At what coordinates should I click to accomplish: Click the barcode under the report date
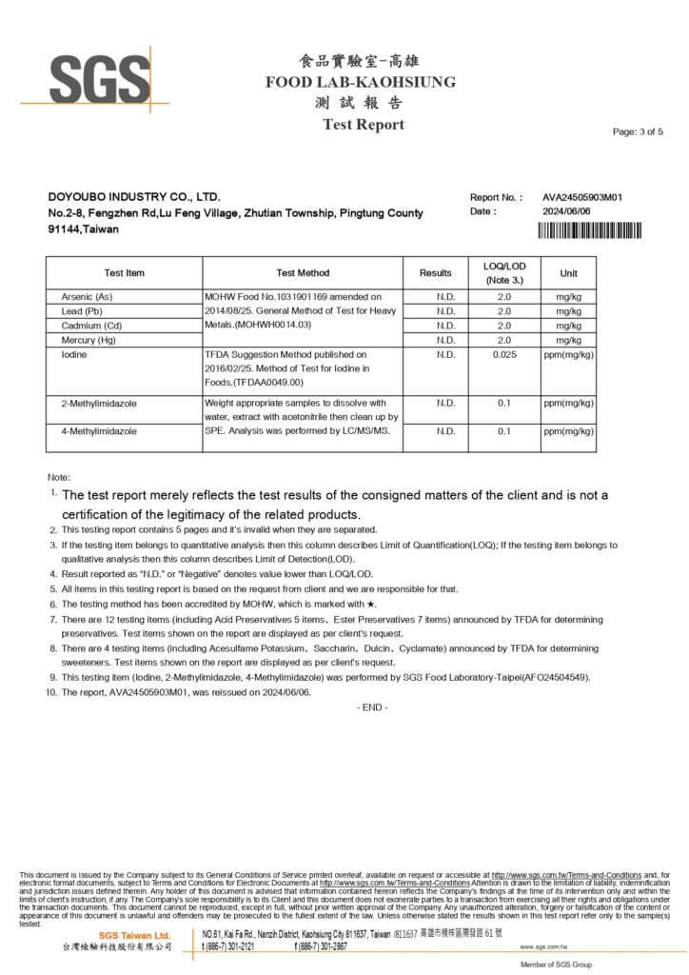pyautogui.click(x=590, y=229)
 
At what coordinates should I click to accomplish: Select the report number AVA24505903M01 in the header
pyautogui.click(x=582, y=197)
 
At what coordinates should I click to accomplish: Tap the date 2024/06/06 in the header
pyautogui.click(x=567, y=211)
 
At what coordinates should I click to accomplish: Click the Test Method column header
pyautogui.click(x=303, y=273)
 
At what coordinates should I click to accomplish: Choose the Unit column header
pyautogui.click(x=568, y=273)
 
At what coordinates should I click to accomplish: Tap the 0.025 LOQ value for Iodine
pyautogui.click(x=504, y=355)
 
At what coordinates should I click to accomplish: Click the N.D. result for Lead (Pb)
pyautogui.click(x=445, y=311)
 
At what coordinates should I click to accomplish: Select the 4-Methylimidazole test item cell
pyautogui.click(x=99, y=431)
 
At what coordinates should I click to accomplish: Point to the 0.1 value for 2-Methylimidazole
pyautogui.click(x=504, y=404)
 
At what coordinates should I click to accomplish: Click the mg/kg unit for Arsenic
pyautogui.click(x=568, y=297)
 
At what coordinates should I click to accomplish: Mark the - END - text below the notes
pyautogui.click(x=371, y=707)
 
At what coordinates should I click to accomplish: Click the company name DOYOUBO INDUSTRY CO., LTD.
pyautogui.click(x=133, y=197)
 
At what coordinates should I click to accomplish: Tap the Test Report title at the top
pyautogui.click(x=363, y=125)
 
